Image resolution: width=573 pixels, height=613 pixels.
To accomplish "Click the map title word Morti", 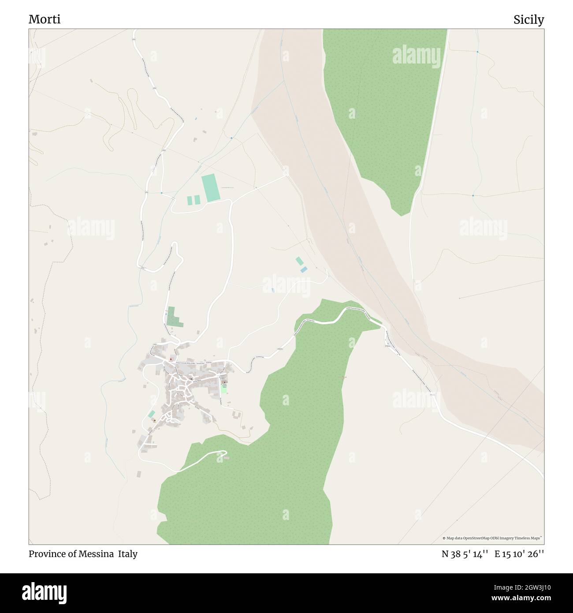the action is click(x=45, y=19).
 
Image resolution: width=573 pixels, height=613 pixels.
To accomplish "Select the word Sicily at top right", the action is click(x=528, y=19).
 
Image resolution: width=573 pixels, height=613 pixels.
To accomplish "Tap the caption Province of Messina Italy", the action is click(x=83, y=554).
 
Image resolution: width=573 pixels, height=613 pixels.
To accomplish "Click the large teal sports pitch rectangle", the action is click(x=210, y=189).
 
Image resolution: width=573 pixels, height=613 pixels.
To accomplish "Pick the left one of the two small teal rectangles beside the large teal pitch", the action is click(x=190, y=200).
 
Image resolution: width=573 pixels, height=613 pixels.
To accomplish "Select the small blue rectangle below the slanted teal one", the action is click(x=304, y=269).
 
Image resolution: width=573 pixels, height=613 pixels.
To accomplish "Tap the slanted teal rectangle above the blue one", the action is click(x=299, y=261).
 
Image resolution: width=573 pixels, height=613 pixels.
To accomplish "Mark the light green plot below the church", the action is click(x=223, y=390).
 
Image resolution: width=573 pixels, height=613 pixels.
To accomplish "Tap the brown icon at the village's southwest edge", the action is click(x=154, y=421).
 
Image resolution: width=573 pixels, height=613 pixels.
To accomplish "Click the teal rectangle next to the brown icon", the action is click(x=151, y=414).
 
